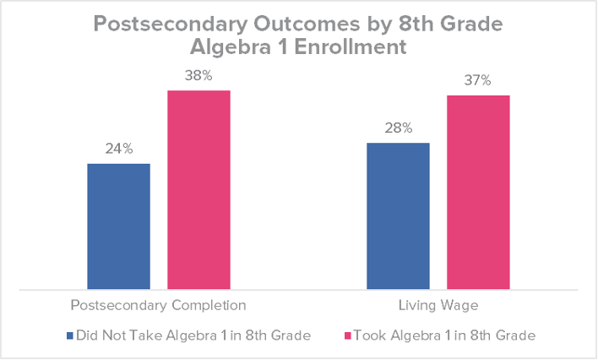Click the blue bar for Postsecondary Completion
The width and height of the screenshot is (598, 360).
point(118,226)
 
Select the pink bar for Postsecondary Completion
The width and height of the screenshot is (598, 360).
point(198,189)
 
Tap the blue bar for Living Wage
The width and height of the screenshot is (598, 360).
point(398,215)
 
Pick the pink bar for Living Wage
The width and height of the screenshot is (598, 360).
point(478,192)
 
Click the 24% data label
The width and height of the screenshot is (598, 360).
point(118,150)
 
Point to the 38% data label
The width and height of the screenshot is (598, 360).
point(198,76)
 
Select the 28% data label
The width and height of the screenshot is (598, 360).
point(398,128)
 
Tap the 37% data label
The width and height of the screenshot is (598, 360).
point(478,81)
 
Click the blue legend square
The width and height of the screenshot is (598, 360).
point(69,335)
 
